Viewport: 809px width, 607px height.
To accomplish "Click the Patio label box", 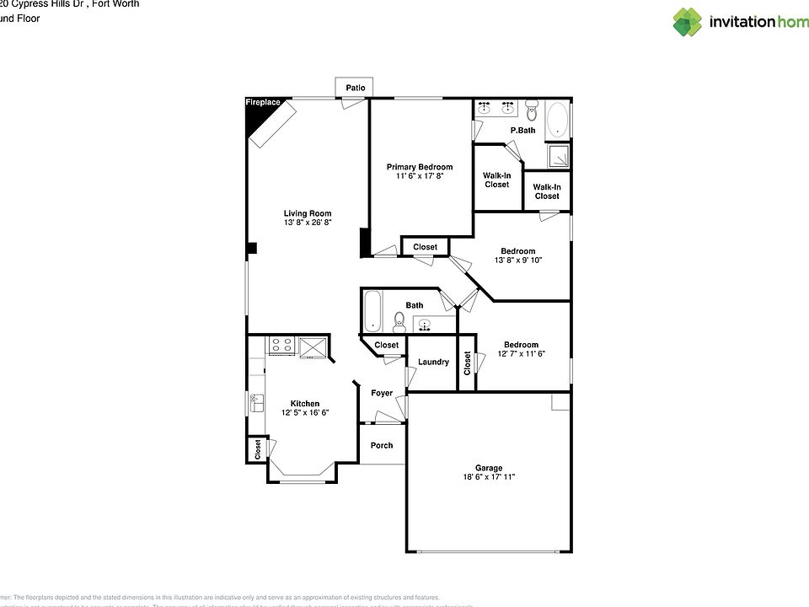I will (x=355, y=88).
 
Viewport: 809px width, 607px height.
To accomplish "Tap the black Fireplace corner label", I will (x=262, y=103).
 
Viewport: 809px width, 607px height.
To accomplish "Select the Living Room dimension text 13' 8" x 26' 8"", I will (x=308, y=223).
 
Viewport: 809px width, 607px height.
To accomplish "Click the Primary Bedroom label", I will (x=420, y=167).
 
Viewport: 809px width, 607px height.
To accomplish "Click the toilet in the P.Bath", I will (x=531, y=110).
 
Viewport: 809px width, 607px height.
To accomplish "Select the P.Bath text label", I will (x=522, y=131).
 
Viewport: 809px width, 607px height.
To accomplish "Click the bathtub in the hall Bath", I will (x=373, y=311).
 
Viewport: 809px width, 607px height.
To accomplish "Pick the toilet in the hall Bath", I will (x=399, y=322).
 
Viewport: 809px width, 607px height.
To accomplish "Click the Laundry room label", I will (x=433, y=363).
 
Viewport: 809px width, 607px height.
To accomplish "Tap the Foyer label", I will (x=382, y=393).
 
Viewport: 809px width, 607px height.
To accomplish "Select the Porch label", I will (x=382, y=445).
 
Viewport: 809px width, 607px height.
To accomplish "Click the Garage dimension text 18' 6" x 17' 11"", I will (x=489, y=477).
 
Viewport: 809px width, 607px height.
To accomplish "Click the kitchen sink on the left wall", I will (x=256, y=403).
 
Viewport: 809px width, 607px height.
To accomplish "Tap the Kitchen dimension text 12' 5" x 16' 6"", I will (x=304, y=413).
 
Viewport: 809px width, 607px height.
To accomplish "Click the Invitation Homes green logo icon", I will (x=687, y=22).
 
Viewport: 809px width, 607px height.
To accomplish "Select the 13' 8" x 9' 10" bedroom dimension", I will (x=517, y=261).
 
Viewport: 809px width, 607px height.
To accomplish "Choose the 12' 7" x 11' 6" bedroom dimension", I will (x=521, y=354).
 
